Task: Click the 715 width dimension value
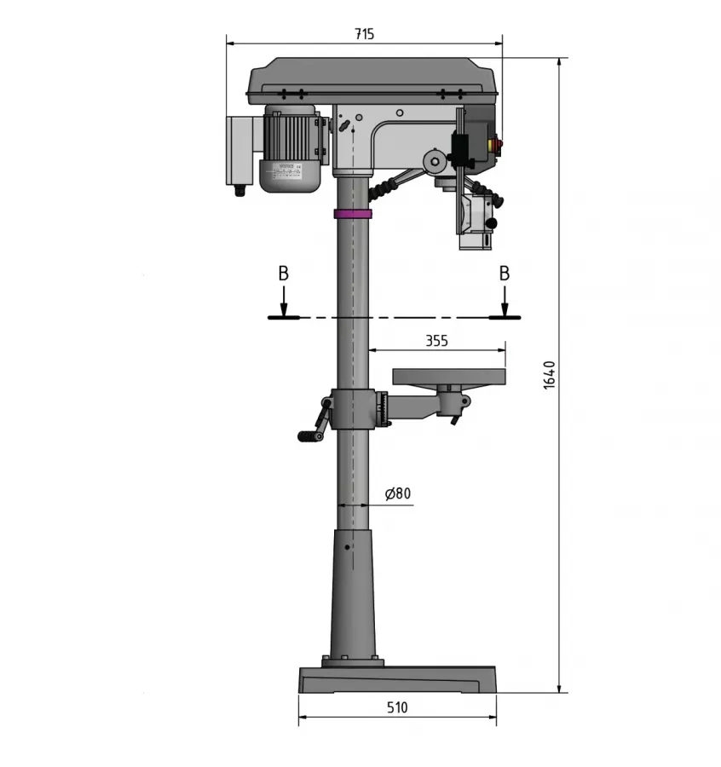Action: tap(364, 34)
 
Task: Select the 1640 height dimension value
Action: tap(550, 375)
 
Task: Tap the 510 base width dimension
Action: tap(397, 707)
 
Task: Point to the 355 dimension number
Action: tap(436, 340)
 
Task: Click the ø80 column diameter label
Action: tap(397, 493)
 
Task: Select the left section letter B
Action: tap(283, 274)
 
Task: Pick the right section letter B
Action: tap(505, 274)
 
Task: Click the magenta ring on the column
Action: tap(353, 213)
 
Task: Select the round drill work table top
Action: tap(448, 376)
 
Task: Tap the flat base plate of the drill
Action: tap(397, 680)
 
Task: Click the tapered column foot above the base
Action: tap(352, 597)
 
